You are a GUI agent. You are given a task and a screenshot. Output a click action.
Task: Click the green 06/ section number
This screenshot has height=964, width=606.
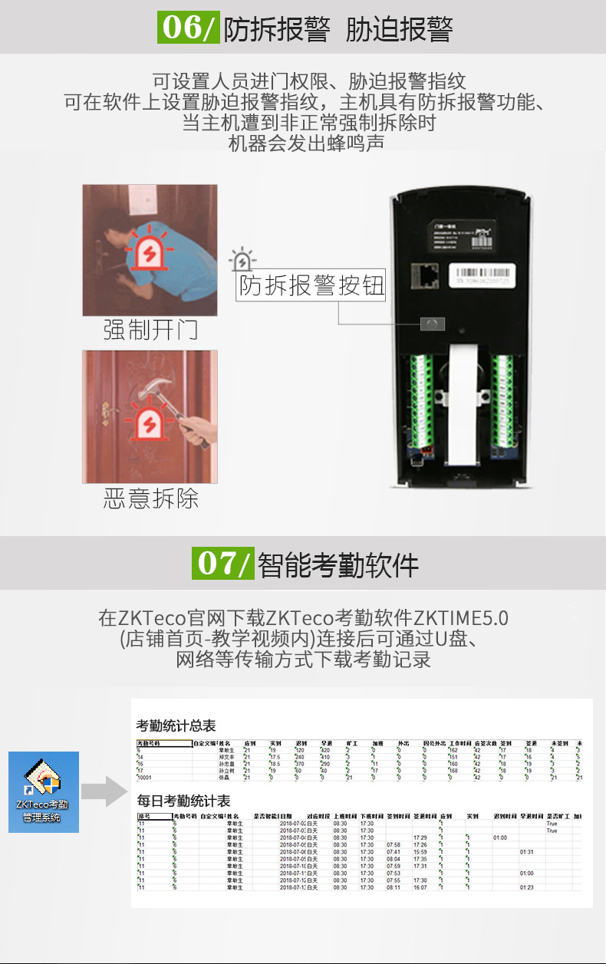pyautogui.click(x=188, y=28)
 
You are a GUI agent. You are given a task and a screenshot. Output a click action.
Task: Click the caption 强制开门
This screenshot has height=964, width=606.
pyautogui.click(x=150, y=331)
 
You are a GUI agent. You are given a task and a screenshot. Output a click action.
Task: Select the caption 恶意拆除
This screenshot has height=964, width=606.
pyautogui.click(x=150, y=498)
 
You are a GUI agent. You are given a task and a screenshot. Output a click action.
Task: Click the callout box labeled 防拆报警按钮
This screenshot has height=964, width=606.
pyautogui.click(x=311, y=285)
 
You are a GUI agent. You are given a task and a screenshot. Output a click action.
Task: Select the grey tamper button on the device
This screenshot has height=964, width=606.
pyautogui.click(x=432, y=324)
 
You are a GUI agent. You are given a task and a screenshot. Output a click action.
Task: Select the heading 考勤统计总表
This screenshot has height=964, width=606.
pyautogui.click(x=176, y=725)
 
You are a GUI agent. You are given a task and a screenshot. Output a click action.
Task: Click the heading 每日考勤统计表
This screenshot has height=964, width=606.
pyautogui.click(x=183, y=801)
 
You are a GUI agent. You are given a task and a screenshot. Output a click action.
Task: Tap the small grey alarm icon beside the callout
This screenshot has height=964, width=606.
pyautogui.click(x=244, y=261)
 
